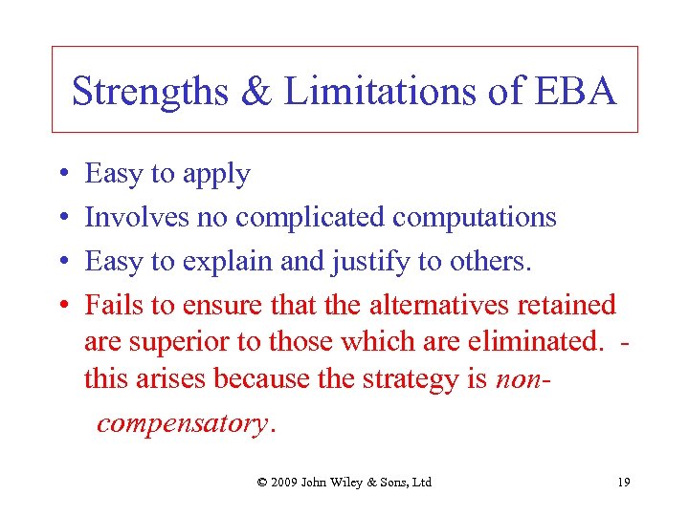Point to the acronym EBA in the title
[577, 92]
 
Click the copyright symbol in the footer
[262, 483]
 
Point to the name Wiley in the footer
[347, 483]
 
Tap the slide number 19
[623, 483]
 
